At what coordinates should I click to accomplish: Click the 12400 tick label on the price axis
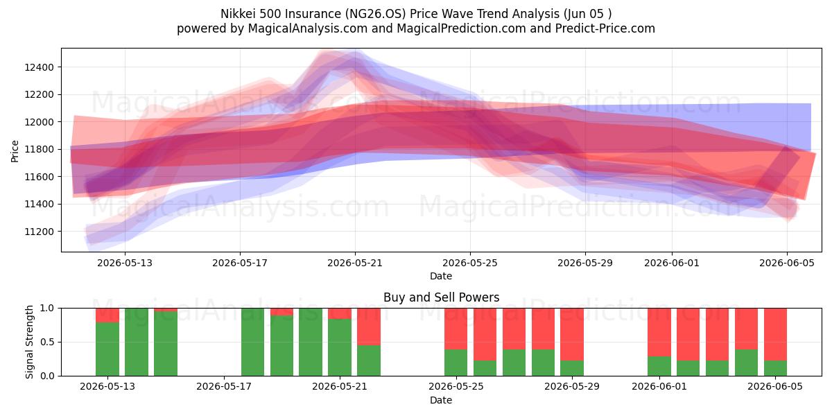[x=39, y=67]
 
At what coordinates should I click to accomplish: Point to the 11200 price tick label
[x=39, y=232]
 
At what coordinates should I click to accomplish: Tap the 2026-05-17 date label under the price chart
[x=240, y=263]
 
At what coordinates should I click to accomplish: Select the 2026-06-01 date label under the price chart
[x=672, y=263]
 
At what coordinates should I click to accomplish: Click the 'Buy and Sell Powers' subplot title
[x=441, y=297]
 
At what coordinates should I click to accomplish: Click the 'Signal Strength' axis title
[x=29, y=342]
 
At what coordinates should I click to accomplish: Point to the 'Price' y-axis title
[x=15, y=151]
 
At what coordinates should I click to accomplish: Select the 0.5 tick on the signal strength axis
[x=48, y=342]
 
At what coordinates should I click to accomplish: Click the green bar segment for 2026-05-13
[x=107, y=349]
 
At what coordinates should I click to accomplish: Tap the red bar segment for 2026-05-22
[x=369, y=327]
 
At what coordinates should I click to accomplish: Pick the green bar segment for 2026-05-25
[x=456, y=363]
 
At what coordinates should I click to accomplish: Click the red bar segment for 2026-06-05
[x=775, y=334]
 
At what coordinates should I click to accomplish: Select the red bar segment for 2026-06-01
[x=659, y=332]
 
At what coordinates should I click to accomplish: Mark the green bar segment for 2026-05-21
[x=340, y=347]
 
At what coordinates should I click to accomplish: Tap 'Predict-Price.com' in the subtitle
[x=605, y=28]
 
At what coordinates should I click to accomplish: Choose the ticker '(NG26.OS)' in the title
[x=375, y=14]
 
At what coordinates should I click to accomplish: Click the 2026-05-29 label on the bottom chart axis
[x=572, y=387]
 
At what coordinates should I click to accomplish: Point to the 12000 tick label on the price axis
[x=39, y=122]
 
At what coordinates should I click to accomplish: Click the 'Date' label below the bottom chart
[x=441, y=400]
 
